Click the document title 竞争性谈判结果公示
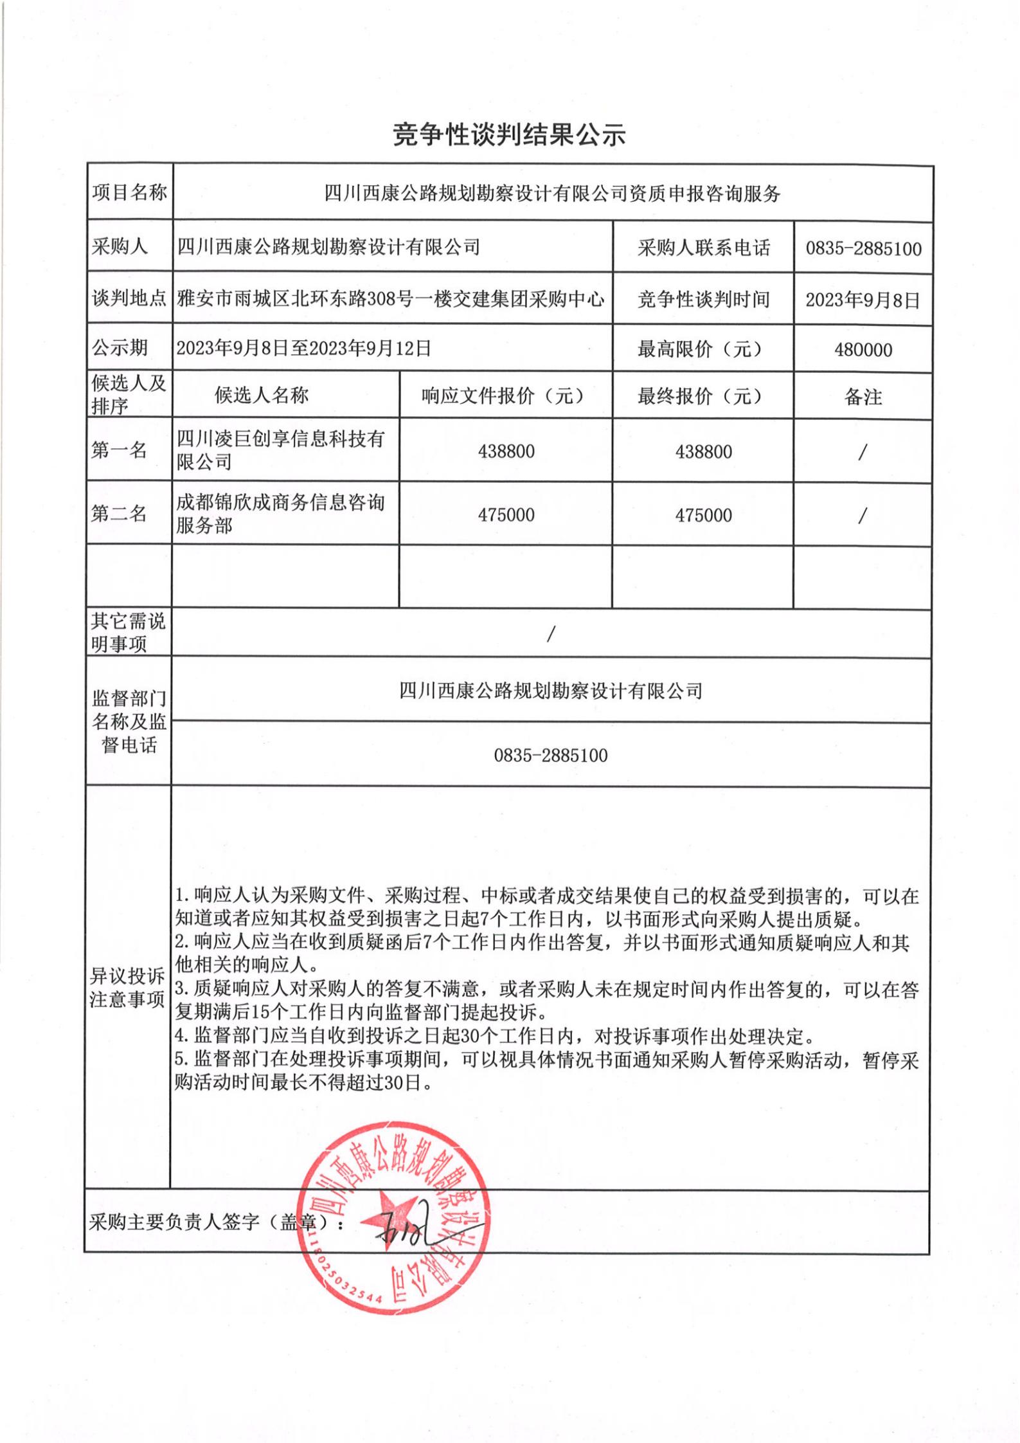coord(509,135)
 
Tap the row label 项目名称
coord(129,192)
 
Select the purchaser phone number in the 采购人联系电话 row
coord(863,249)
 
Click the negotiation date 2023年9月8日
coord(863,300)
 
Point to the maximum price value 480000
coord(863,350)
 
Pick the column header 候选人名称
coord(262,395)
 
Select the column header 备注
coord(863,397)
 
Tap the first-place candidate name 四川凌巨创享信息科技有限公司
coord(280,450)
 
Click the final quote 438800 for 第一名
coord(703,451)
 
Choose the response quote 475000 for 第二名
coord(506,514)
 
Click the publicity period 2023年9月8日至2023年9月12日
coord(303,349)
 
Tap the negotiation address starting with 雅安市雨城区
coord(391,298)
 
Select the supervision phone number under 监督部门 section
coord(551,755)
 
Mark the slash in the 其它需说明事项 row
coord(551,634)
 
